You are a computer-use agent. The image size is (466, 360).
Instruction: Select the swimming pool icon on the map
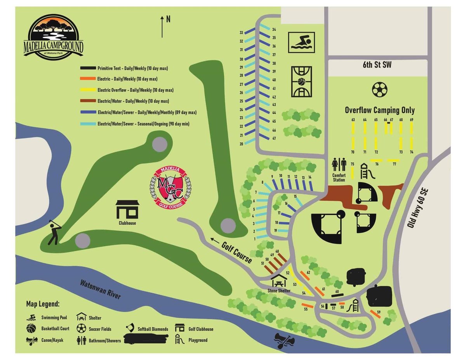pyautogui.click(x=301, y=42)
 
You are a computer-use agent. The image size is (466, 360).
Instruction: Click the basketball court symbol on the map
pyautogui.click(x=301, y=82)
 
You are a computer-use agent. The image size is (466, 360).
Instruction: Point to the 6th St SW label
pyautogui.click(x=377, y=65)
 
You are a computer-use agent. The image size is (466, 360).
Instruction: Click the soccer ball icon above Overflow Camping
pyautogui.click(x=379, y=89)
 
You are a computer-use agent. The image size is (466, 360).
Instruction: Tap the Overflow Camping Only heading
pyautogui.click(x=379, y=110)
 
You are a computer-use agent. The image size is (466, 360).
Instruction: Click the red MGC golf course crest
pyautogui.click(x=171, y=187)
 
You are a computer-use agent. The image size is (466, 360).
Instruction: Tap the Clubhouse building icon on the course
pyautogui.click(x=127, y=210)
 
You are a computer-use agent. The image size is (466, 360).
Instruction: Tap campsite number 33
pyautogui.click(x=241, y=32)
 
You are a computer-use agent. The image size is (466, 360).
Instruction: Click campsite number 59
pyautogui.click(x=378, y=312)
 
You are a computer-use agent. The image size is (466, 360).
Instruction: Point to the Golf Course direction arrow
pyautogui.click(x=214, y=240)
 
